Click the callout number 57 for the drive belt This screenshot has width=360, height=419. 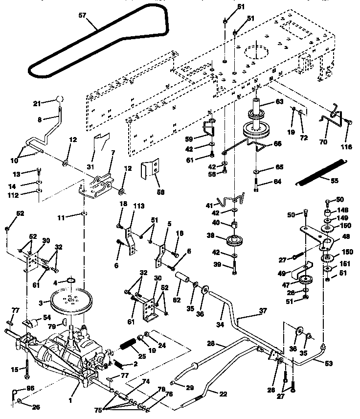[82, 15]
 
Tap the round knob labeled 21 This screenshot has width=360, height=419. [60, 99]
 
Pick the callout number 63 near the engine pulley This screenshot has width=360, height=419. [279, 102]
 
